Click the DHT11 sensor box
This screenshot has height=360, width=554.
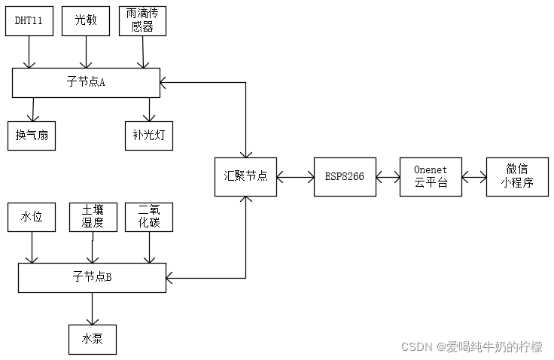point(29,21)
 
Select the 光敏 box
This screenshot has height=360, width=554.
point(86,21)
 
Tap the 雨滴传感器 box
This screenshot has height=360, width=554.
point(142,21)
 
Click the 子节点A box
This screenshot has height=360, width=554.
point(86,82)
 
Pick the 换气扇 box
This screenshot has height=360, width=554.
point(32,136)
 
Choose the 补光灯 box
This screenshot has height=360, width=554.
point(149,136)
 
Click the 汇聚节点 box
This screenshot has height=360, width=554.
point(245,177)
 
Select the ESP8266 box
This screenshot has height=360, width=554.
point(345,177)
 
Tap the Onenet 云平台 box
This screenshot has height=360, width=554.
point(431,177)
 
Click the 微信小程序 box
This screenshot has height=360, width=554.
point(516,177)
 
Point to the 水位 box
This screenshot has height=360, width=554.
point(32,217)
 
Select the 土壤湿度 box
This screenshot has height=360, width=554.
point(93,217)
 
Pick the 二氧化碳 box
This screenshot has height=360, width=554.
point(149,217)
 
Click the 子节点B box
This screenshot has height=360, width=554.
point(92,278)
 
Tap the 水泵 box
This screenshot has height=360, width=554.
point(93,338)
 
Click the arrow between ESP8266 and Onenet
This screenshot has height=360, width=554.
point(388,178)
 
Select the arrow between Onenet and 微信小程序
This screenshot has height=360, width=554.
point(473,178)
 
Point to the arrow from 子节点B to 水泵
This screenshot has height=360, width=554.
point(93,308)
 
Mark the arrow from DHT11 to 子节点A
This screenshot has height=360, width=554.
point(29,52)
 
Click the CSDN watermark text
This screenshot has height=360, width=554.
point(471,347)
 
